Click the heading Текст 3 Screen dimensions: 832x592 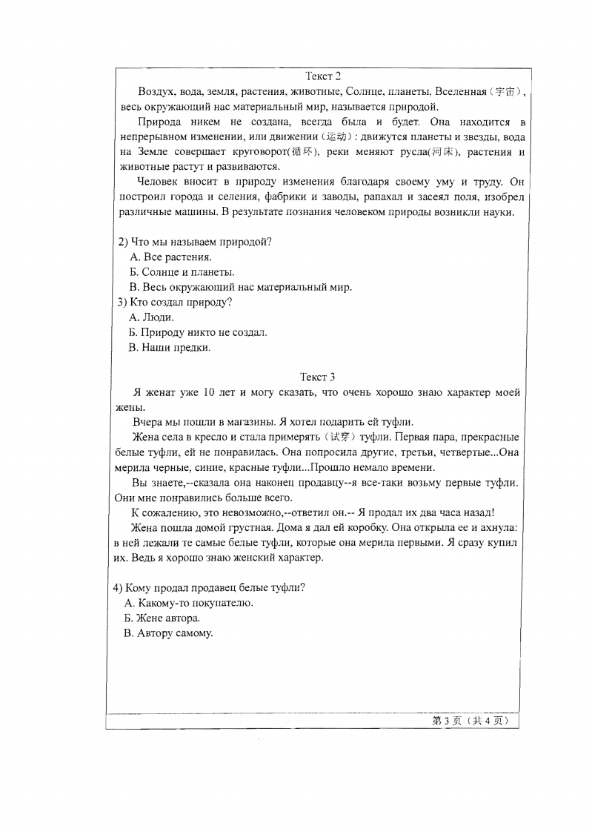click(x=318, y=377)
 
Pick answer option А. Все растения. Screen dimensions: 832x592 click(x=170, y=257)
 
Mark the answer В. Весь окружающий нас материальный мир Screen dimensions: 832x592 click(x=240, y=287)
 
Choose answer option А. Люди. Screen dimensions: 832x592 click(x=152, y=317)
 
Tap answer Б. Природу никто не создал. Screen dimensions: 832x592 click(x=198, y=332)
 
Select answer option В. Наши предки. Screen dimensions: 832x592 click(x=170, y=347)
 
